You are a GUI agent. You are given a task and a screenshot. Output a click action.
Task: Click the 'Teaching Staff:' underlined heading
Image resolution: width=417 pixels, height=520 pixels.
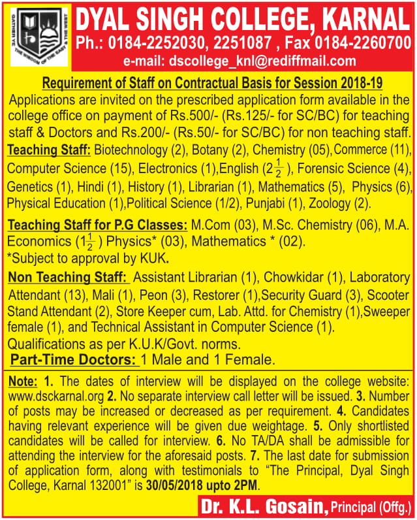pyautogui.click(x=48, y=150)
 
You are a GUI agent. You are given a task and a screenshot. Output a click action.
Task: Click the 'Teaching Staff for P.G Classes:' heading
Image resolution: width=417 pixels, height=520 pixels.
pyautogui.click(x=97, y=225)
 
